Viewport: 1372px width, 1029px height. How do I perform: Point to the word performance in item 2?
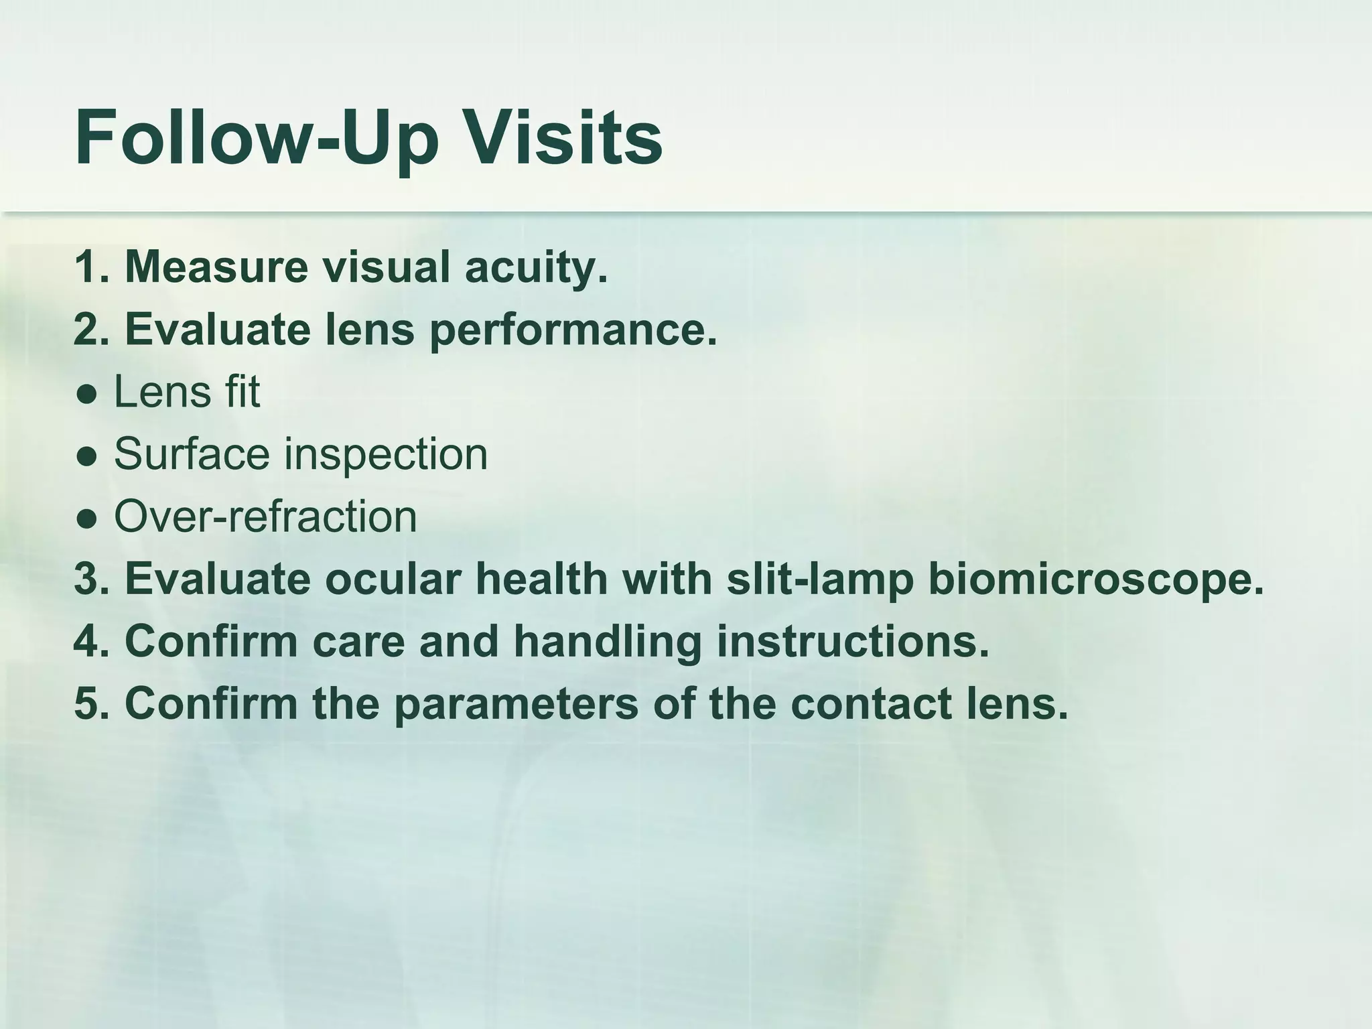573,330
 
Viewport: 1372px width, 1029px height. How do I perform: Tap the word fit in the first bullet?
242,391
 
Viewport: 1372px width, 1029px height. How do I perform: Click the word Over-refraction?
265,517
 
